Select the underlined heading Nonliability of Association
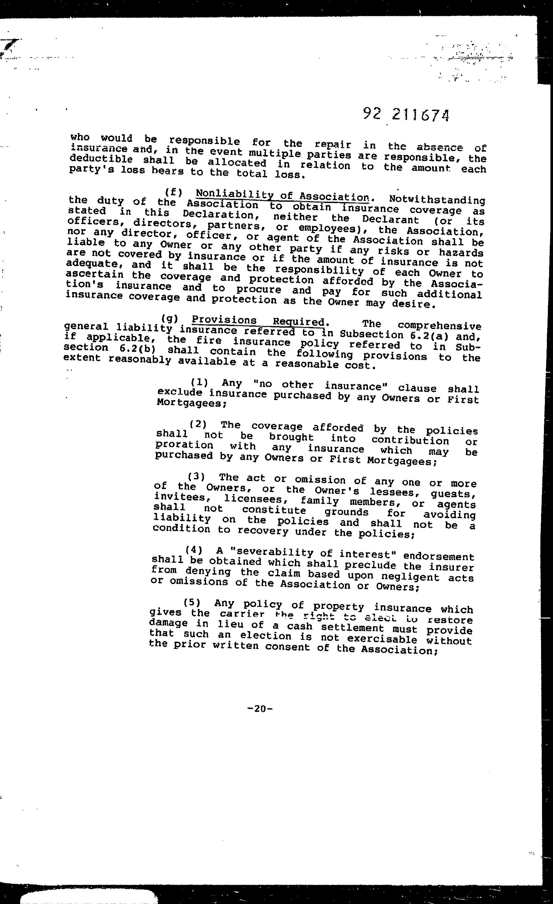pyautogui.click(x=283, y=194)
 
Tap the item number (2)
pyautogui.click(x=198, y=425)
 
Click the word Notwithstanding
pyautogui.click(x=437, y=200)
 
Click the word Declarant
pyautogui.click(x=391, y=220)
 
